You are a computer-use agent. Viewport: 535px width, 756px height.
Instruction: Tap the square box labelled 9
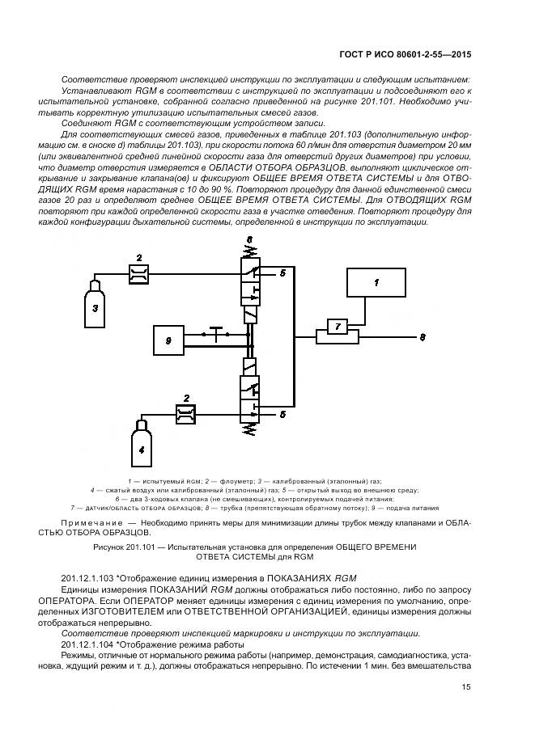pyautogui.click(x=168, y=341)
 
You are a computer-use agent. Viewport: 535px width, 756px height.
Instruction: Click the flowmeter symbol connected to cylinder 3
pyautogui.click(x=138, y=275)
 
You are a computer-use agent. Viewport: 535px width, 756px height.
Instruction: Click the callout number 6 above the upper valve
pyautogui.click(x=249, y=239)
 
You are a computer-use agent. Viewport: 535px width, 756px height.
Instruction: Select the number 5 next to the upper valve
pyautogui.click(x=282, y=273)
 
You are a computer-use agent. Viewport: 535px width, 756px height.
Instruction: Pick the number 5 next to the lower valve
pyautogui.click(x=282, y=414)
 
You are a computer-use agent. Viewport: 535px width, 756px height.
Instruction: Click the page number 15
pyautogui.click(x=466, y=686)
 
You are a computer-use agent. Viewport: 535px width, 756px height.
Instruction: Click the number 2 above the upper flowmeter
pyautogui.click(x=138, y=258)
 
